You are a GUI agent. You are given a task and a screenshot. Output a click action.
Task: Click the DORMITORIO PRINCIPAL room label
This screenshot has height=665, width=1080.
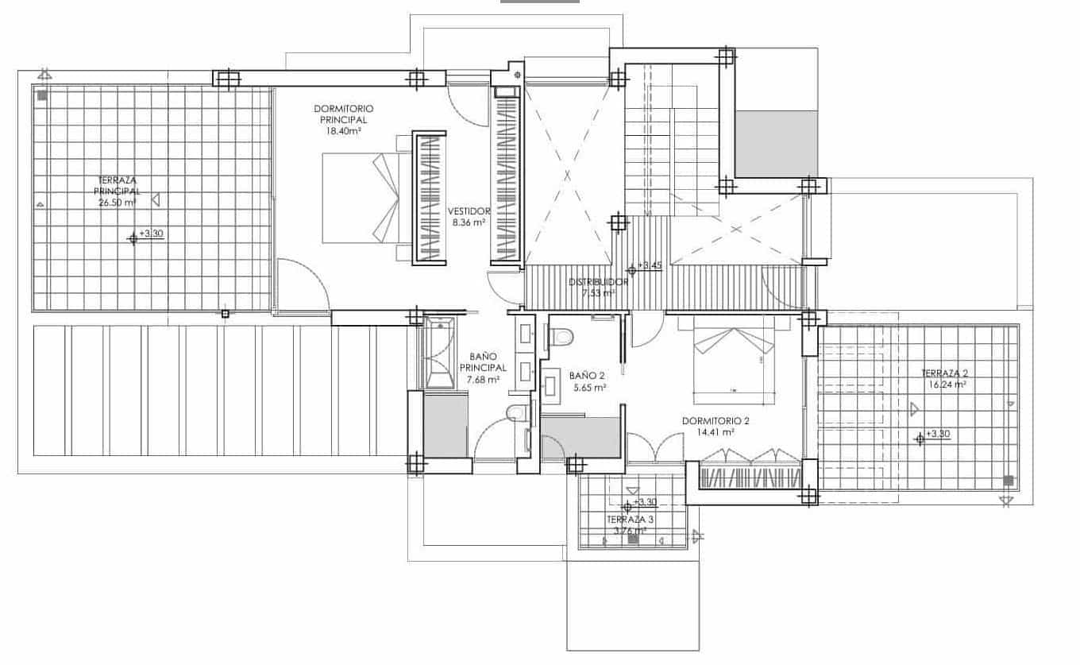pos(343,114)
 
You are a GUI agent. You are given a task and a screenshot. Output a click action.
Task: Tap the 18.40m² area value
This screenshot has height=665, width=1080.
pos(343,131)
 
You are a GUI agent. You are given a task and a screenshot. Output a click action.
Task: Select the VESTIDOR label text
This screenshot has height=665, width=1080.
pos(469,211)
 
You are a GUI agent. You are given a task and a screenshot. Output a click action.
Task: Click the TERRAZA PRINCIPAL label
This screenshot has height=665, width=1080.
pos(117,186)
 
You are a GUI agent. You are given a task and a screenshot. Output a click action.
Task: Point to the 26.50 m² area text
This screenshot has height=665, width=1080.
pos(117,203)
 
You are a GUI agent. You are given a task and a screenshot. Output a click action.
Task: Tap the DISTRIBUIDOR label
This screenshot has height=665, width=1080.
pos(599,282)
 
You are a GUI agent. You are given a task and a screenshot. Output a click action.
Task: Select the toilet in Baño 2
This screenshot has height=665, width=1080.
pos(561,337)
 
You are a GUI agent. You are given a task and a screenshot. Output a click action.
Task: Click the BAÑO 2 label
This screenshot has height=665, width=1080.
pos(587,375)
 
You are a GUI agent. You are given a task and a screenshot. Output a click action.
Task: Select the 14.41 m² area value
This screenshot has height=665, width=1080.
pos(716,433)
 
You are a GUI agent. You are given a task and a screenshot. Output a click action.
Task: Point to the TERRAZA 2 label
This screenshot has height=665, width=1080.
pos(943,373)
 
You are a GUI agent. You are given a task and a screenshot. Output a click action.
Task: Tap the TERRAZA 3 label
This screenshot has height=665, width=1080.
pos(630,520)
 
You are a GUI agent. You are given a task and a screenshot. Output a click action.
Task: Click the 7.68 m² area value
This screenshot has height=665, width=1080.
pos(483,380)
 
